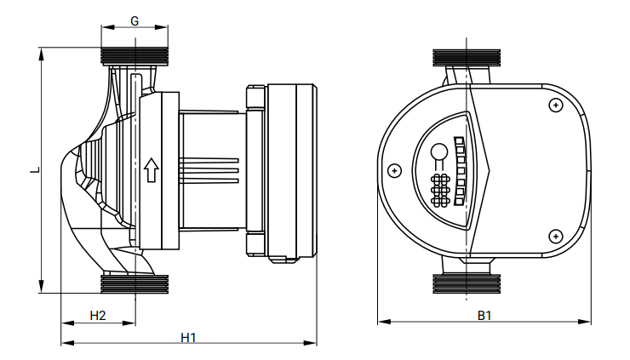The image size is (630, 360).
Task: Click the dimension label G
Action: click(x=136, y=19)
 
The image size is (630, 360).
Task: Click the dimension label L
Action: click(x=33, y=169)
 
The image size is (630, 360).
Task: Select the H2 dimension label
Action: click(x=98, y=315)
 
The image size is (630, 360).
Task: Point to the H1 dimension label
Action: click(x=188, y=337)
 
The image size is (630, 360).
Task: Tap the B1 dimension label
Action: click(x=484, y=315)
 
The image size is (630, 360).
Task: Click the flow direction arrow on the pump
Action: click(x=152, y=169)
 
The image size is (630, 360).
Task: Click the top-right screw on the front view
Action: click(x=555, y=105)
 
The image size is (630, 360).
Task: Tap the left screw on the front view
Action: click(x=393, y=169)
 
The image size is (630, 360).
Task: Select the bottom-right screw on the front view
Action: click(x=555, y=235)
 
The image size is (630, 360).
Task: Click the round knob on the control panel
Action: click(x=439, y=153)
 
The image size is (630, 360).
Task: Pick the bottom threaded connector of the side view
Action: click(x=136, y=283)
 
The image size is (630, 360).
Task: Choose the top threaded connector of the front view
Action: click(x=468, y=59)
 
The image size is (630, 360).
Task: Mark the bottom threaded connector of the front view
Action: click(x=468, y=283)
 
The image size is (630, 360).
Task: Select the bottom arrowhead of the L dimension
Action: click(x=41, y=289)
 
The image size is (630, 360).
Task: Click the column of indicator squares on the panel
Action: click(x=460, y=170)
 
